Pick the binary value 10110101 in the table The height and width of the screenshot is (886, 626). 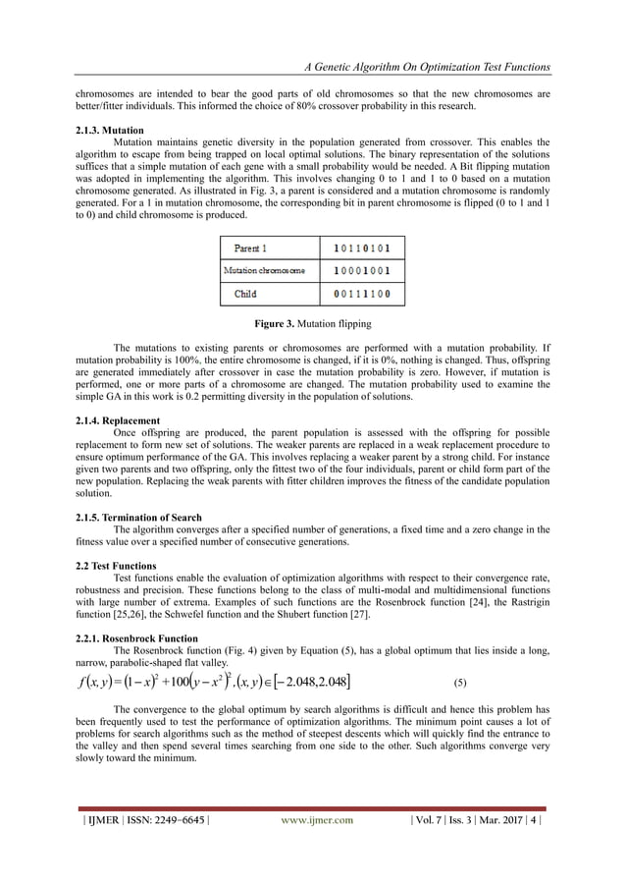364,249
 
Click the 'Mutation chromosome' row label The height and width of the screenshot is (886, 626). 265,270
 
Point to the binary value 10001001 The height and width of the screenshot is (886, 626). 364,270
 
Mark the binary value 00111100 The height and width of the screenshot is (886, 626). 364,293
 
